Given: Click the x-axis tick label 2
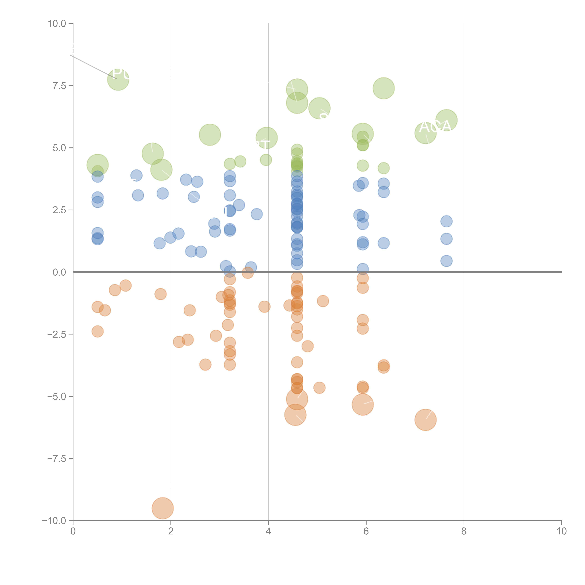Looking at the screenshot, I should tap(171, 531).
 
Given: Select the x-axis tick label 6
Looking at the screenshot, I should tap(366, 531).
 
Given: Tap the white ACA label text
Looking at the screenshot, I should tap(435, 127).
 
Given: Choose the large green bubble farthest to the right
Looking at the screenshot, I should tap(446, 120).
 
